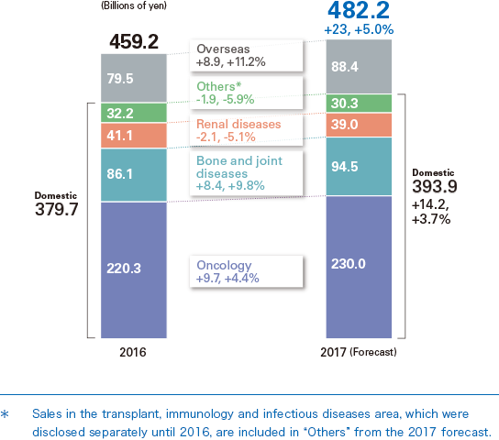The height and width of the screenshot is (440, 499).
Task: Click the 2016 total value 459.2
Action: (x=134, y=41)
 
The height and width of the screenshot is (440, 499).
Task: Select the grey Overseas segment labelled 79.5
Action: (x=134, y=78)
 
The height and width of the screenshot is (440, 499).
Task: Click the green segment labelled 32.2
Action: (x=134, y=113)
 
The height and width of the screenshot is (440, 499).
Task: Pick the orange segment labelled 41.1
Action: (x=134, y=136)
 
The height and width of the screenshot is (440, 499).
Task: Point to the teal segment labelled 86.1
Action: (x=134, y=175)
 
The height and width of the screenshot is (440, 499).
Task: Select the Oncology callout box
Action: (x=246, y=271)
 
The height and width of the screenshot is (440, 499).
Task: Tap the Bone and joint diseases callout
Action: (x=246, y=171)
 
